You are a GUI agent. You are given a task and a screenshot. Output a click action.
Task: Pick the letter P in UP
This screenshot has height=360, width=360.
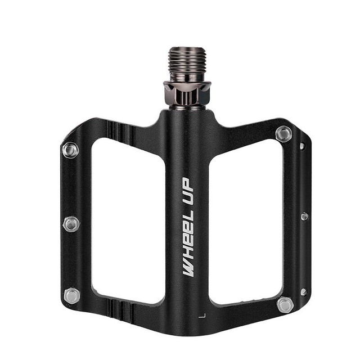(187, 183)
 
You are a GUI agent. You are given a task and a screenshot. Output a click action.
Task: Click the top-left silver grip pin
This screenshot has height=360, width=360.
(70, 150)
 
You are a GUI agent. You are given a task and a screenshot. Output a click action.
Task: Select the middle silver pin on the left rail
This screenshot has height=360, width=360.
(71, 223)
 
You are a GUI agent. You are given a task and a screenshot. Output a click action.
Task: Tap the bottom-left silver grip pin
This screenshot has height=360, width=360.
(71, 295)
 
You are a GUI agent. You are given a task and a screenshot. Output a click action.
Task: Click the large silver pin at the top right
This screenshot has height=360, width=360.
(283, 134)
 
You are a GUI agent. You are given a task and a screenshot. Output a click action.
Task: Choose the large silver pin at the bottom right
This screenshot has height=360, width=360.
(285, 305)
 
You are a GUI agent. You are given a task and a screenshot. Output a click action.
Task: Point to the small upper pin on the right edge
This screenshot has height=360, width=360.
(302, 146)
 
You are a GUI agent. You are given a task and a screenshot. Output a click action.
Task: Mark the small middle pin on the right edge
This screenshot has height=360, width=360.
(304, 217)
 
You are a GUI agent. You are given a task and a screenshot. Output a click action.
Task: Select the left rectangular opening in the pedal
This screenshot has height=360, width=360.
(128, 220)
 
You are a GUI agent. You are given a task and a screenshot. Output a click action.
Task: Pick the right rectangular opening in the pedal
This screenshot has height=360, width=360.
(245, 220)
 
